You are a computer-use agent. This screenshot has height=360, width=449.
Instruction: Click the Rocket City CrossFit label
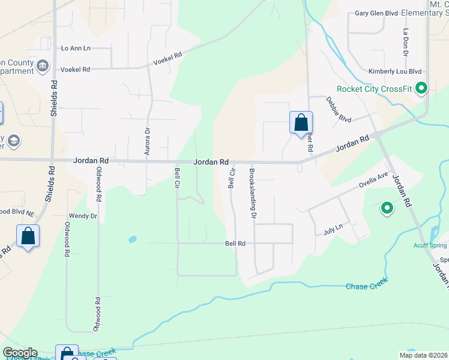pyautogui.click(x=374, y=89)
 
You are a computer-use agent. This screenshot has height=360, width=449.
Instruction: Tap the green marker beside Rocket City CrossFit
pyautogui.click(x=421, y=89)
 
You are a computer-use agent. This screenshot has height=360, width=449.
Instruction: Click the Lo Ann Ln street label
pyautogui.click(x=76, y=48)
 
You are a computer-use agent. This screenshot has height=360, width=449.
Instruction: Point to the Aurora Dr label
pyautogui.click(x=147, y=142)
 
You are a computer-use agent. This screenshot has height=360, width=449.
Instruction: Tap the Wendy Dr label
pyautogui.click(x=83, y=215)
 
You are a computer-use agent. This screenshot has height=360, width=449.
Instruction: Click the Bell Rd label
pyautogui.click(x=235, y=244)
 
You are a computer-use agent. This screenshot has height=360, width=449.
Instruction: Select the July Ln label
pyautogui.click(x=333, y=227)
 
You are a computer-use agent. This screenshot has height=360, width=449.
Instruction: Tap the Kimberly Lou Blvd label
pyautogui.click(x=395, y=71)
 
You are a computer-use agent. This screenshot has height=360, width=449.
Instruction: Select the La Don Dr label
pyautogui.click(x=406, y=43)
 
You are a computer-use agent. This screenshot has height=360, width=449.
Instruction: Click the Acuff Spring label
pyautogui.click(x=429, y=245)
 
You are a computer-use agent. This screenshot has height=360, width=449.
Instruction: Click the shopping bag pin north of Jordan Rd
pyautogui.click(x=301, y=122)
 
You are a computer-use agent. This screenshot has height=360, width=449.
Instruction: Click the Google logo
pyautogui.click(x=20, y=353)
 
